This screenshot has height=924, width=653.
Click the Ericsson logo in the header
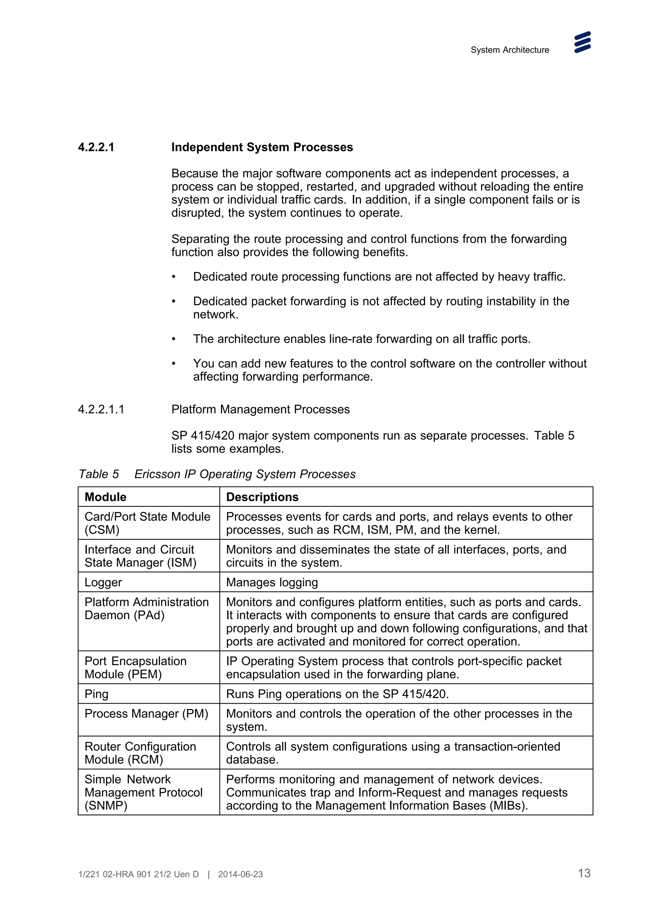coord(582,42)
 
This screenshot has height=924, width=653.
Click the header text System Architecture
coord(510,50)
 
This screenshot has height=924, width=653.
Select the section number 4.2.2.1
coord(96,147)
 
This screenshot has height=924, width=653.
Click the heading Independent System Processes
coord(262,147)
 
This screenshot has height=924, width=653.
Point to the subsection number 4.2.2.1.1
coord(101,409)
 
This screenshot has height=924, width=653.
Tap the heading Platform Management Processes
coord(260,409)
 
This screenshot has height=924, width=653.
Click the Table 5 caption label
coord(99,474)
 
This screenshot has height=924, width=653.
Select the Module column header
coord(106,497)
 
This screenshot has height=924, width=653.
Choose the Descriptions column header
coord(262,497)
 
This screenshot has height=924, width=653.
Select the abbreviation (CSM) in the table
coord(102,530)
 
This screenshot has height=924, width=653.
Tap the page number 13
coord(584,873)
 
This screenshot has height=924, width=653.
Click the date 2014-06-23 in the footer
coord(240,875)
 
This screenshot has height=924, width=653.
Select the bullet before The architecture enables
coord(174,339)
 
